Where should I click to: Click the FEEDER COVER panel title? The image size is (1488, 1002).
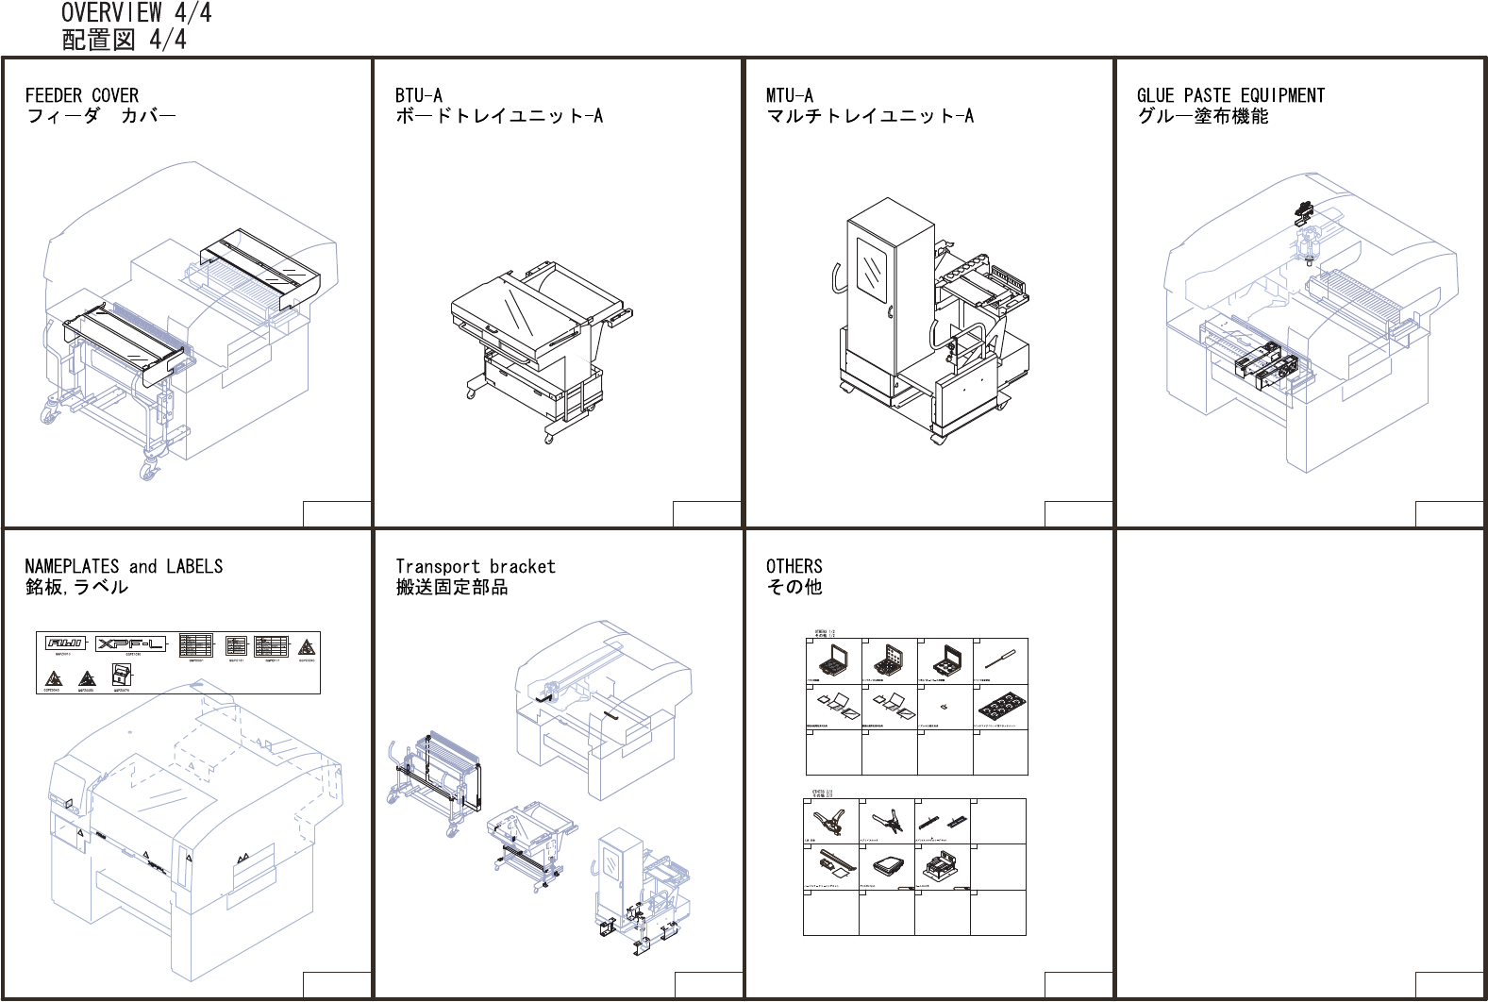coord(81,95)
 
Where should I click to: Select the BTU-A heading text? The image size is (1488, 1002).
coord(418,95)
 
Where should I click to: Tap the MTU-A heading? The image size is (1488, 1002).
coord(789,95)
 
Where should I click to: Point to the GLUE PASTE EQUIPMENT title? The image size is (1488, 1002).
coord(1229,95)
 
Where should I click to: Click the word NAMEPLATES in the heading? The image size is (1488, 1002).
coord(72,566)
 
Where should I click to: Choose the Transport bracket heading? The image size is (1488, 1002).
coord(475,566)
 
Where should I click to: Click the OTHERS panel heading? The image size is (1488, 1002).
coord(794,566)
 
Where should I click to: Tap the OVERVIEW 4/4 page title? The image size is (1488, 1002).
coord(136,13)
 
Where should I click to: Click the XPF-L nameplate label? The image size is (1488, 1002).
coord(131,643)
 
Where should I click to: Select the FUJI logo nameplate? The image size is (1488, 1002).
coord(65,643)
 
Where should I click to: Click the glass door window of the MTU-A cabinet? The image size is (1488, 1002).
coord(871,270)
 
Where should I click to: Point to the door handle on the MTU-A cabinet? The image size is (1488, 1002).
coord(890,312)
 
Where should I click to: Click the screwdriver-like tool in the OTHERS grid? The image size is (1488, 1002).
coord(1000,658)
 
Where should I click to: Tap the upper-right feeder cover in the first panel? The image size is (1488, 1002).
coord(259,266)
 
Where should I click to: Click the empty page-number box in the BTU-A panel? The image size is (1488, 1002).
coord(706,513)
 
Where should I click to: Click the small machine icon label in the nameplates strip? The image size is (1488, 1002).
coord(122,675)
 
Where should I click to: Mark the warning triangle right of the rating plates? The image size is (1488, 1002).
coord(307,647)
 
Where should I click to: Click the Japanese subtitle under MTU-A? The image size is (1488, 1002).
coord(869,116)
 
